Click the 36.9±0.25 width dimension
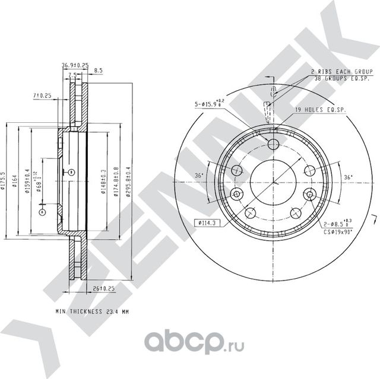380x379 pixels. pos(75,65)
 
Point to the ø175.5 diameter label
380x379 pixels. pos(4,181)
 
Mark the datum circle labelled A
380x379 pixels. pos(42,212)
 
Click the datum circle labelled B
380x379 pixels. pos(70,172)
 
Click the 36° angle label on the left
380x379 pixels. pos(200,176)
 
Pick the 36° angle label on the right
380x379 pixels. pos(348,176)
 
